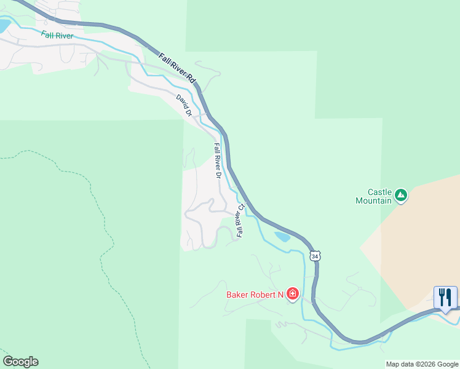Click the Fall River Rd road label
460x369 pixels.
point(176,68)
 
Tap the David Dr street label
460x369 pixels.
point(184,105)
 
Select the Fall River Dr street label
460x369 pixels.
point(217,161)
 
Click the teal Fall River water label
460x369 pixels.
point(58,36)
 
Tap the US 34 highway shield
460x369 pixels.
point(315,255)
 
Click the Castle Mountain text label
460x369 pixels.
point(374,196)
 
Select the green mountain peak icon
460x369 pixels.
point(402,196)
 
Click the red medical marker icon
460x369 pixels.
point(293,294)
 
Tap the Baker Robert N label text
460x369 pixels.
point(254,295)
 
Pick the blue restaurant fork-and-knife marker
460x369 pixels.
point(445,297)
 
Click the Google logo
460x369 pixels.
point(20,362)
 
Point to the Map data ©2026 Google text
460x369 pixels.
point(422,364)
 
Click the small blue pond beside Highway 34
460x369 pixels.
point(282,237)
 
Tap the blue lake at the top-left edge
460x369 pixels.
point(4,26)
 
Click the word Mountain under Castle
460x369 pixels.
point(374,200)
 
